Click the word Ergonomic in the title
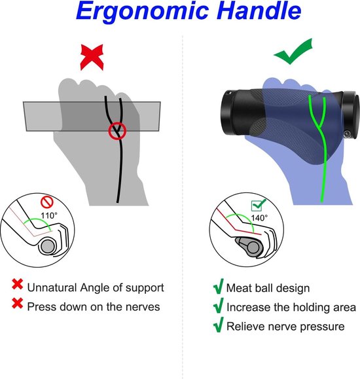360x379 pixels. click(143, 12)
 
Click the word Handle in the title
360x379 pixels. click(259, 10)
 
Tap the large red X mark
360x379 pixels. click(92, 58)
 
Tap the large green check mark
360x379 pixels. click(293, 51)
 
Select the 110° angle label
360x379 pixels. click(49, 215)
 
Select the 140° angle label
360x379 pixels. click(259, 218)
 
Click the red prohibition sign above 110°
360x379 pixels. click(47, 202)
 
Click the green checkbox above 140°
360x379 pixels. click(258, 206)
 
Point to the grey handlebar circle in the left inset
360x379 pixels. click(48, 246)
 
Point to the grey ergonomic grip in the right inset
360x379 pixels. click(249, 247)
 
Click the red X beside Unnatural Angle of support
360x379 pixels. click(18, 284)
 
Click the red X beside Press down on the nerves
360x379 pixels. click(18, 303)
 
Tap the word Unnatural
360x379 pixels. click(52, 287)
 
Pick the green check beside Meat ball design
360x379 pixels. click(218, 286)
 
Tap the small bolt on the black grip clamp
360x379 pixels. click(347, 134)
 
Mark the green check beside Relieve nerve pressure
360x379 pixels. click(218, 325)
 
